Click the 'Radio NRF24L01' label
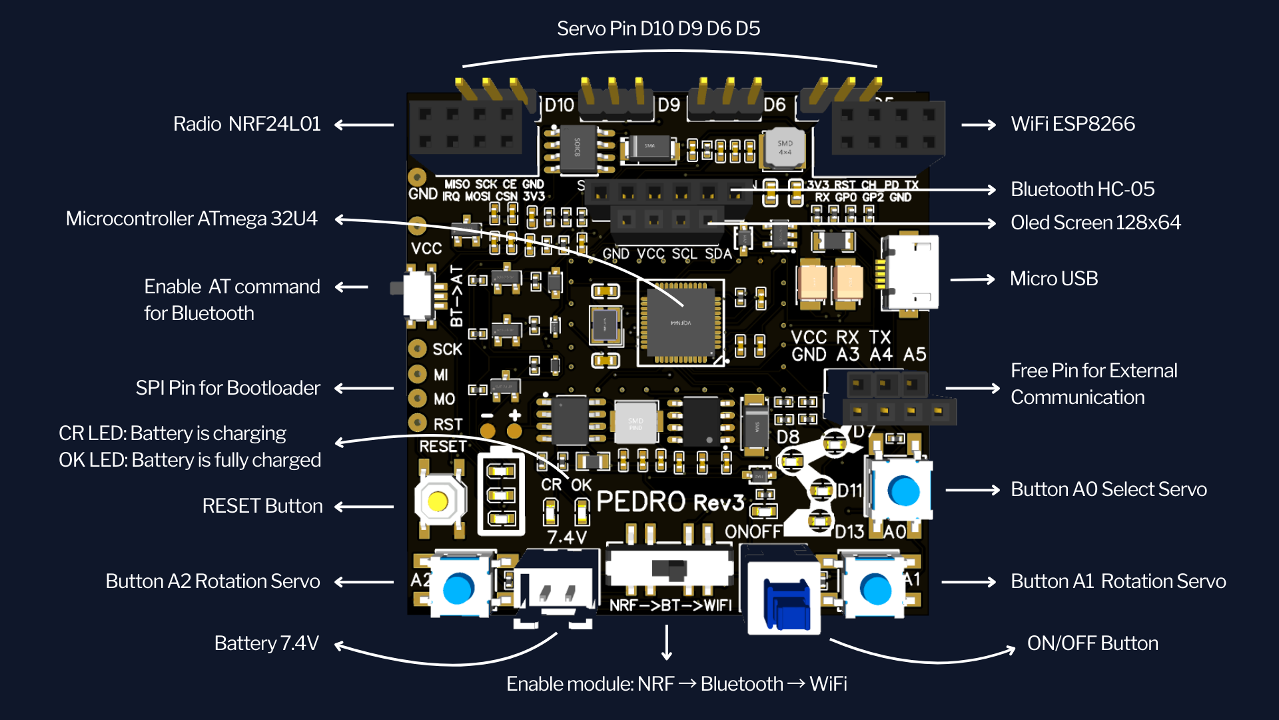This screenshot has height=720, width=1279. tap(246, 124)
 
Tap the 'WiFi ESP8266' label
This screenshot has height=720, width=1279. tap(1072, 124)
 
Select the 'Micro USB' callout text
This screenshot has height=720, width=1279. tap(1054, 279)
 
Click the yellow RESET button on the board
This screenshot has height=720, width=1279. tap(438, 501)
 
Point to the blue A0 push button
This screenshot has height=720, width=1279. tap(903, 491)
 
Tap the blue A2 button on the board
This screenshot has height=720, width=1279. tap(458, 587)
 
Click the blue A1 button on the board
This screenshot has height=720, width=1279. tap(875, 589)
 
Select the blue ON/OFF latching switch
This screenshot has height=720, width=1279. tap(786, 604)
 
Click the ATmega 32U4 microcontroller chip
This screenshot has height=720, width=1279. tap(681, 323)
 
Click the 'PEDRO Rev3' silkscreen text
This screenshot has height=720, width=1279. tap(669, 502)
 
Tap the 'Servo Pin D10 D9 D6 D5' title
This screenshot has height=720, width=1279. tap(658, 29)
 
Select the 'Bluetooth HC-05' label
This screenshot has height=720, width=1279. tap(1082, 189)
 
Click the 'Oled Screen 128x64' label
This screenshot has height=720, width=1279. tap(1095, 223)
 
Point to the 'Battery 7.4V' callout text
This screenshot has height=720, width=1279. tap(266, 643)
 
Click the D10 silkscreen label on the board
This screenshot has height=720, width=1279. tap(559, 105)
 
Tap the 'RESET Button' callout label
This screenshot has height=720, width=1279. tap(262, 506)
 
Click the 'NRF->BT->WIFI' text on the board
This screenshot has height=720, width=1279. tap(670, 605)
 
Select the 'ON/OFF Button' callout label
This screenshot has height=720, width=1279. tap(1092, 643)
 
